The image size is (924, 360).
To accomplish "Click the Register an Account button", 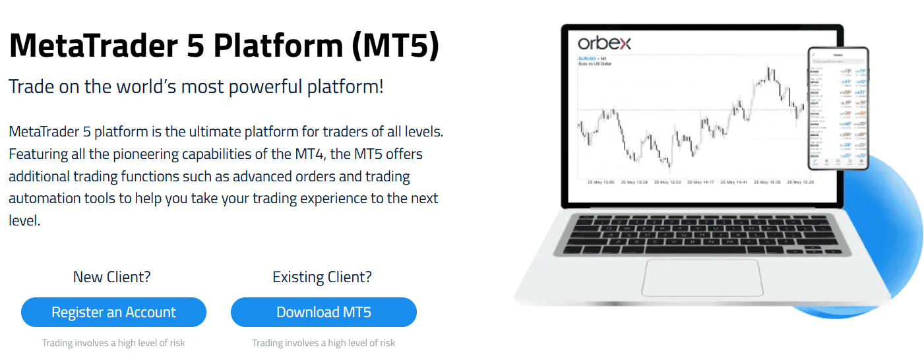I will click(x=113, y=313).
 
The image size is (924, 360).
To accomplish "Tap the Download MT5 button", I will click(x=323, y=313).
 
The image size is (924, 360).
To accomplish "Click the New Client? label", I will click(x=111, y=277).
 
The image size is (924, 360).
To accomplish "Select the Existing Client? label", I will click(x=322, y=277).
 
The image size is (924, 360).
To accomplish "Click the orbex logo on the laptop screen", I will click(x=604, y=44).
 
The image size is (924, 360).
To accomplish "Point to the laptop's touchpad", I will click(x=702, y=278).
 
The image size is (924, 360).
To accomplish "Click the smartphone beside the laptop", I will click(x=838, y=108).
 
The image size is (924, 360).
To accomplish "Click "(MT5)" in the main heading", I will click(x=395, y=47).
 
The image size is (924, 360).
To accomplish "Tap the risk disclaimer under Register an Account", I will click(x=113, y=343).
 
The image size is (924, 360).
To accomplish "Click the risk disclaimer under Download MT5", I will click(x=323, y=343).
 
